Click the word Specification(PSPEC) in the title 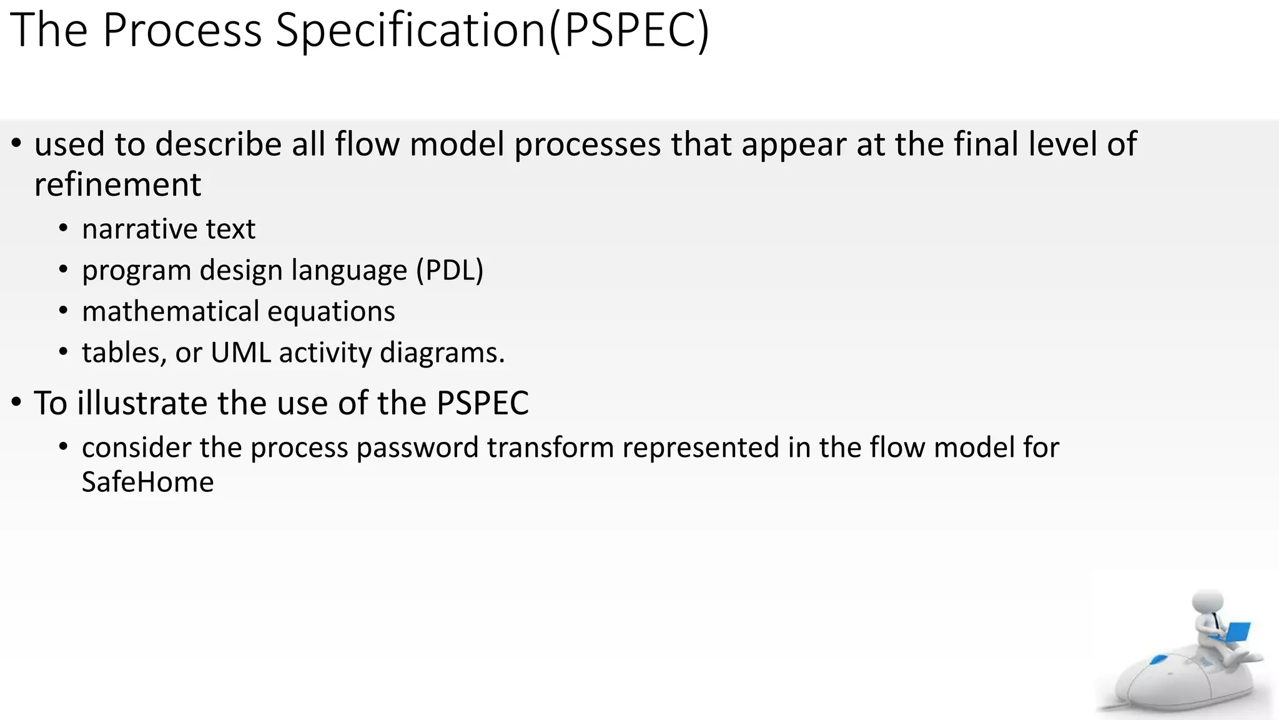click(x=492, y=30)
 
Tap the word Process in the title click(x=182, y=30)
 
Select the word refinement click(x=117, y=185)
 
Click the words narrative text click(x=168, y=229)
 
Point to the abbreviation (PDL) click(x=450, y=271)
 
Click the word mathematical click(x=170, y=312)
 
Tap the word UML click(x=240, y=353)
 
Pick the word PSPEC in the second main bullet click(x=483, y=403)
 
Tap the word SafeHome click(x=147, y=482)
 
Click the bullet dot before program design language click(x=63, y=270)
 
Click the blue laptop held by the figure click(x=1233, y=632)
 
